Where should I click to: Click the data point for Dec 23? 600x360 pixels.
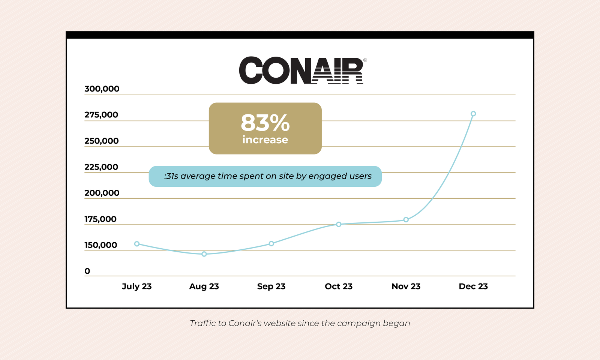pos(473,114)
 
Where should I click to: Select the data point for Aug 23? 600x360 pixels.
pos(204,254)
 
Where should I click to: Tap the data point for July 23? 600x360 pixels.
pos(137,244)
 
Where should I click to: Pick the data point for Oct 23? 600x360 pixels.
pos(339,224)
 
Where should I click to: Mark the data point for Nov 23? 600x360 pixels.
pos(406,219)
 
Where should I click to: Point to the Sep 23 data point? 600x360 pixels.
pos(271,244)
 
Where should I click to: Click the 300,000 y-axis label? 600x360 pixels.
pos(102,89)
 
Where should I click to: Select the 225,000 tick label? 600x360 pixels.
pos(101,167)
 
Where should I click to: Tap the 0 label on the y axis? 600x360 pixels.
pos(87,271)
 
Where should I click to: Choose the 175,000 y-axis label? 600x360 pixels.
pos(100,219)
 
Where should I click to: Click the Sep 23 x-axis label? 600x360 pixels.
pos(271,286)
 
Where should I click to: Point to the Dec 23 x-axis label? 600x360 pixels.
pos(473,286)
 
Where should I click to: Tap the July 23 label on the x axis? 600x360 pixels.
pos(136,286)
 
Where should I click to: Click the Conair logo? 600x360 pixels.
pos(301,70)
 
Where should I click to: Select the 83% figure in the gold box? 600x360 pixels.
pos(265,123)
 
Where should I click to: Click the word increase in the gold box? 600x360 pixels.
pos(265,140)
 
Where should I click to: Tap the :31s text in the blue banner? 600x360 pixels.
pos(171,176)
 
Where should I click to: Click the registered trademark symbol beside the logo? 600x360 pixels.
pos(365,60)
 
